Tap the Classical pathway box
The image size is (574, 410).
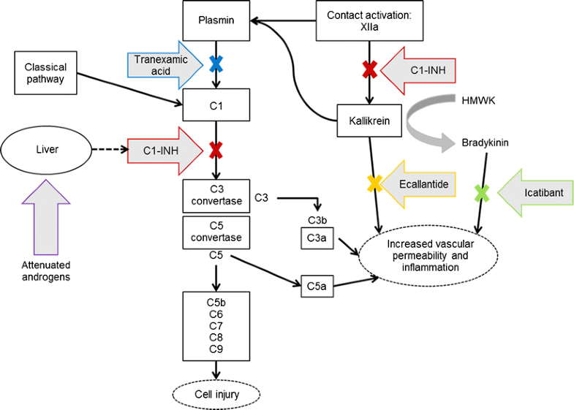45,72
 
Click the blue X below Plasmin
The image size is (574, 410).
216,64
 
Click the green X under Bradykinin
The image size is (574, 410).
480,193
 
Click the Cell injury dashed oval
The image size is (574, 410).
216,394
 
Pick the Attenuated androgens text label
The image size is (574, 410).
46,271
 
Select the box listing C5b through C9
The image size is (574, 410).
216,325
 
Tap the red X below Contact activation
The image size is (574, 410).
370,70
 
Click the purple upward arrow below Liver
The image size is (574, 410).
46,215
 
